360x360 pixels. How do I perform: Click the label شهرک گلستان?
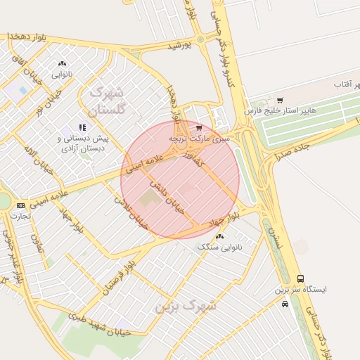[105, 101]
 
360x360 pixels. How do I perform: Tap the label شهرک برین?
[186, 306]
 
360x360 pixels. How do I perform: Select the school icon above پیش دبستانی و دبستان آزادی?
[82, 127]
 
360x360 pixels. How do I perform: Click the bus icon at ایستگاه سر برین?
[301, 278]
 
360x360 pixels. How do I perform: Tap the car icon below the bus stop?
[285, 304]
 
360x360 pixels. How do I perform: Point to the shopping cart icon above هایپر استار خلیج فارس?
[281, 101]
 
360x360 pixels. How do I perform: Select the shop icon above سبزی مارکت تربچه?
[200, 128]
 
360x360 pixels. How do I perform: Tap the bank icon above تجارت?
[20, 205]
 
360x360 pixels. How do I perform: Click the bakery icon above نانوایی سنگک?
[220, 236]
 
